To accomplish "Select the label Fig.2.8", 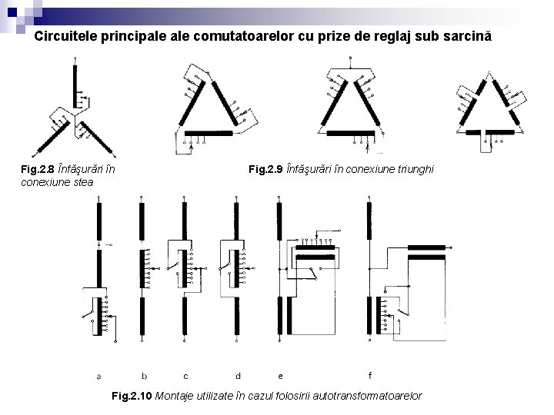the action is click(38, 169).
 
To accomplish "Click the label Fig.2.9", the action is click(265, 169).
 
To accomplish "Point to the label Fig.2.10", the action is click(132, 396).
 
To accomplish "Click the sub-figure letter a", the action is click(98, 377).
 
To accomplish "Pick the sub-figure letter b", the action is click(144, 376).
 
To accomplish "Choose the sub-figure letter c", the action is click(186, 377).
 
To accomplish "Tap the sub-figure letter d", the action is click(238, 376).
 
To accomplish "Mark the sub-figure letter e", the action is click(281, 377).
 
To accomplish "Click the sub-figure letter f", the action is click(370, 376).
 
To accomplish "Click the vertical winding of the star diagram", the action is click(75, 86).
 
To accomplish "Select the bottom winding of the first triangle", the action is click(209, 133).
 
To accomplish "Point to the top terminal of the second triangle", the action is click(350, 57).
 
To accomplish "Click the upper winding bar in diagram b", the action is click(142, 221).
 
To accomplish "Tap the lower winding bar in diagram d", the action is click(237, 316).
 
